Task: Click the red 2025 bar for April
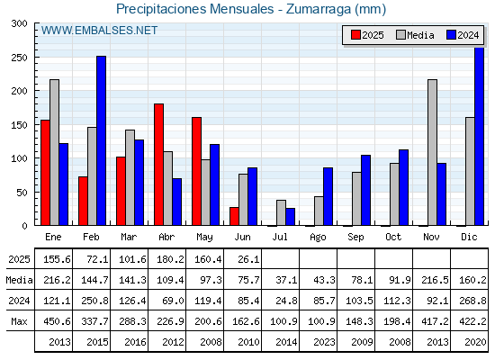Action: click(158, 164)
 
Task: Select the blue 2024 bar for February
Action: click(101, 140)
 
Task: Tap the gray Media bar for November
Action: click(432, 152)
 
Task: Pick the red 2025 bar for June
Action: click(234, 216)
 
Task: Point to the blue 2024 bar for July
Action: click(290, 217)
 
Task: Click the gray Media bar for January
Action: click(54, 152)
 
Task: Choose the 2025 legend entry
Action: click(367, 35)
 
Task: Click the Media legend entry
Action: click(415, 35)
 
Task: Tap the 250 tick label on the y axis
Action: click(19, 58)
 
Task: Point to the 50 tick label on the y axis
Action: click(22, 193)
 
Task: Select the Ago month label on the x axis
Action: click(318, 238)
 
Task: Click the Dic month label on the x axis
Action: click(469, 237)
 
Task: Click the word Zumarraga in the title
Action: click(318, 9)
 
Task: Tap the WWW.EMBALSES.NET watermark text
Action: click(99, 31)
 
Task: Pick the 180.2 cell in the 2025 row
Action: click(170, 259)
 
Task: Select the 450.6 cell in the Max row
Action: click(57, 321)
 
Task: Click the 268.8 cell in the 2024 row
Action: click(472, 301)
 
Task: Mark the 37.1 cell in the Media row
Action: click(286, 280)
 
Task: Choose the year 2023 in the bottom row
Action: click(324, 342)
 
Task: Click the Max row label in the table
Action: click(19, 321)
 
